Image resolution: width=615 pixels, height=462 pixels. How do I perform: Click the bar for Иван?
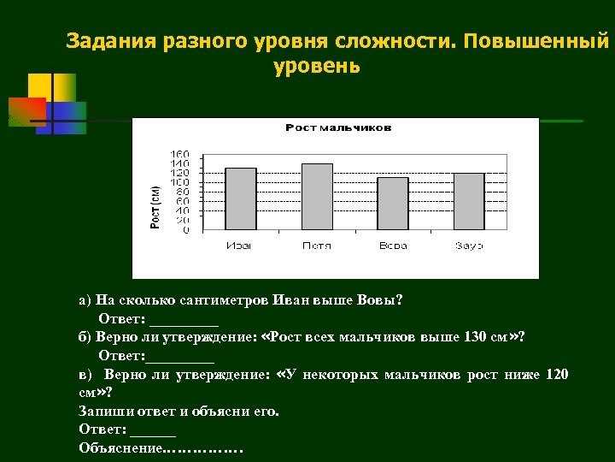tap(241, 198)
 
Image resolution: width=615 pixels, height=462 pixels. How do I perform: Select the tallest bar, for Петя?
tap(317, 196)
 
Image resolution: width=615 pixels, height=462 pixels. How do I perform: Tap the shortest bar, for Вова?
tap(393, 204)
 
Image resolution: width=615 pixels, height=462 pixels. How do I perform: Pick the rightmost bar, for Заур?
tap(469, 201)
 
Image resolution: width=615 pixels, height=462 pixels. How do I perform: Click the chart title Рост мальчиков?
tap(338, 127)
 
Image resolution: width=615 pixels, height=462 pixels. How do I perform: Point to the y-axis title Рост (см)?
tap(155, 206)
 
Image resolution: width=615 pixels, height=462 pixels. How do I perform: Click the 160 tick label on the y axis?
tap(180, 154)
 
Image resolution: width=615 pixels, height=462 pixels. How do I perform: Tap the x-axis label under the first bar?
tap(239, 246)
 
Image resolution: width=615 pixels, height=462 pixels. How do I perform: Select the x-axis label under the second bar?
tap(316, 246)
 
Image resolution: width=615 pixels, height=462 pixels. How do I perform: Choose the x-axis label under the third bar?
tap(393, 246)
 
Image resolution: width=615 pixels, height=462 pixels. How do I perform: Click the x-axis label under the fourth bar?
tap(469, 246)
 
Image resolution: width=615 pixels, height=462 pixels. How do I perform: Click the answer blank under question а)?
tap(184, 320)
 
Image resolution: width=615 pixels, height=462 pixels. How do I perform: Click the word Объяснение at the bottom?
tap(120, 447)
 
